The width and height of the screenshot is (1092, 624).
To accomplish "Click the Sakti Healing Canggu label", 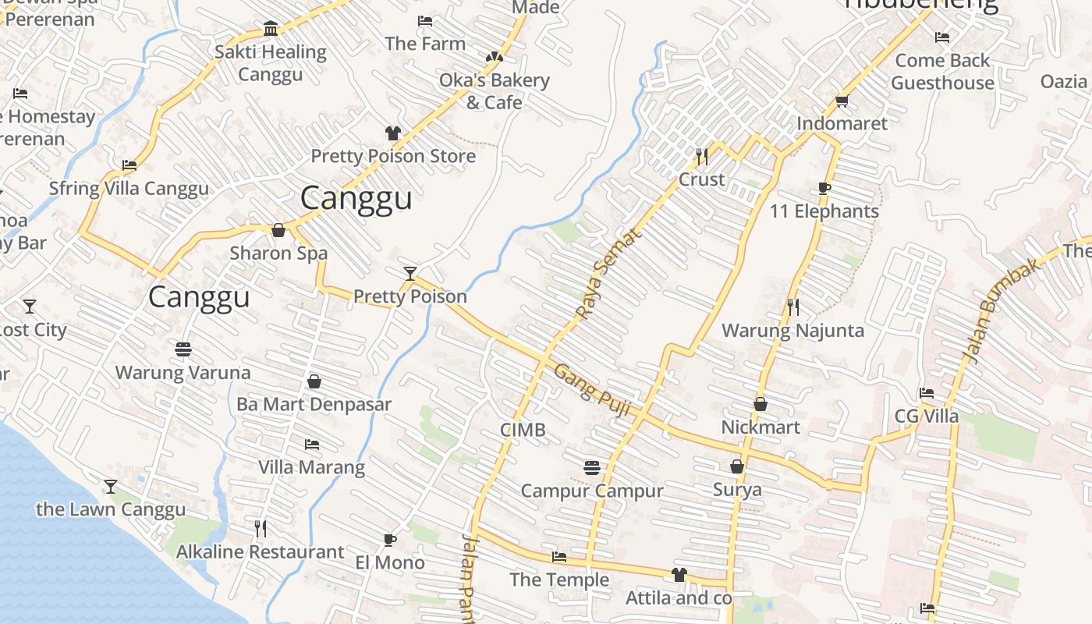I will click(270, 63).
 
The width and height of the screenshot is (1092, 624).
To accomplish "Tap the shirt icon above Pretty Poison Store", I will click(392, 133).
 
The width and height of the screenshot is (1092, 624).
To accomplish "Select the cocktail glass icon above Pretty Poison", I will click(410, 273).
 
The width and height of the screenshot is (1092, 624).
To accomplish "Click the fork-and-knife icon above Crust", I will click(701, 157).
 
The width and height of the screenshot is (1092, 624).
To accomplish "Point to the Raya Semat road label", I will click(608, 274).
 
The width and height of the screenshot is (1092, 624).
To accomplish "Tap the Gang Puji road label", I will click(591, 390).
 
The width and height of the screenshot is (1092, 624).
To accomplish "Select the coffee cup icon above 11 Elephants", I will click(824, 189).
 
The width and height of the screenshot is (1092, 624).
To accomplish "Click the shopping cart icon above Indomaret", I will click(842, 101).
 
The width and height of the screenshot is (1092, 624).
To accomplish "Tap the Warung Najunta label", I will click(792, 330).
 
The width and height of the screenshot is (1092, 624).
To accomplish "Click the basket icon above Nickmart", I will click(760, 404).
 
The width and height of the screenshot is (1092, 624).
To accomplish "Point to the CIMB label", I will click(523, 430).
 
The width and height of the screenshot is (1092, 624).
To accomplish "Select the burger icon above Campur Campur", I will click(591, 468).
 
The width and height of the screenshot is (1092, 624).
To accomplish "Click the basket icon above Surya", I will click(736, 466).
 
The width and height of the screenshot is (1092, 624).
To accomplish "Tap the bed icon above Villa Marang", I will click(311, 445).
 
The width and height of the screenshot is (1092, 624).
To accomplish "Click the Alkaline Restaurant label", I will click(260, 551).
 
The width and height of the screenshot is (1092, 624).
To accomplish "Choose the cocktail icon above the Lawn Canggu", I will click(111, 487).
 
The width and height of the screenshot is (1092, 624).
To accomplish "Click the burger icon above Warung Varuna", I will click(183, 349).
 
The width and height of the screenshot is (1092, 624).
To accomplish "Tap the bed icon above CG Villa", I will click(926, 393).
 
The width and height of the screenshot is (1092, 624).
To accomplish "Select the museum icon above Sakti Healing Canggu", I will click(271, 29).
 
